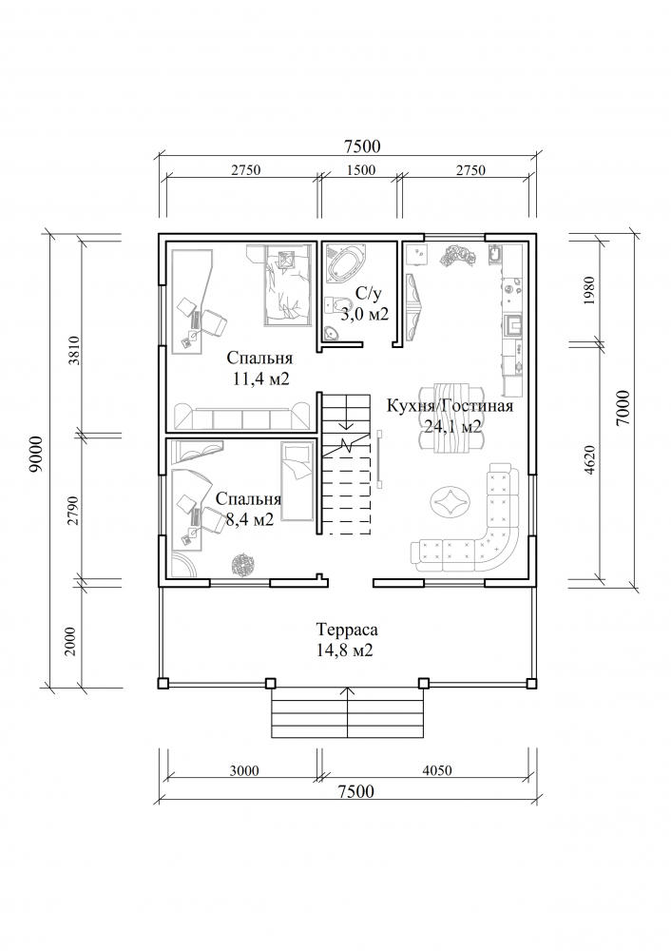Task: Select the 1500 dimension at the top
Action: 360,170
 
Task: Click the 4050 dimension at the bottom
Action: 436,771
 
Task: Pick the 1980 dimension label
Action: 591,291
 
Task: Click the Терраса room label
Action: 347,630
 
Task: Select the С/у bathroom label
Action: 369,295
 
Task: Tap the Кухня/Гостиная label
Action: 450,406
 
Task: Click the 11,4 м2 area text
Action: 260,379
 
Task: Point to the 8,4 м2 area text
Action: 249,519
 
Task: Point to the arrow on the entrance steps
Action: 348,712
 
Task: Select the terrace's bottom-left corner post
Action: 163,683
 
